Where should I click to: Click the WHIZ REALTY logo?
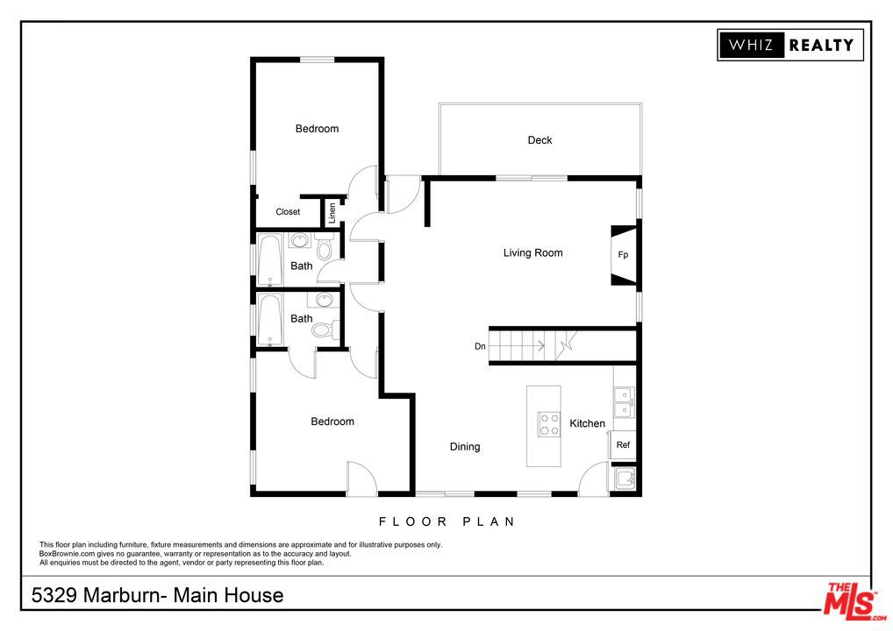(790, 45)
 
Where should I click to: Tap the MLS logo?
(850, 600)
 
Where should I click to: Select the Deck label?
(539, 140)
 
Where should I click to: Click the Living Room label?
(532, 253)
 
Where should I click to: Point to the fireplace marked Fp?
(623, 255)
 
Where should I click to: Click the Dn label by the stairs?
(480, 346)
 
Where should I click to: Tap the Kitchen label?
(587, 423)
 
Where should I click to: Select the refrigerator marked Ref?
(623, 445)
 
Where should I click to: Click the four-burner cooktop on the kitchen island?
(549, 424)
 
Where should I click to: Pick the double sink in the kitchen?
(624, 402)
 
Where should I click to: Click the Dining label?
(465, 447)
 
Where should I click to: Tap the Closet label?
(288, 212)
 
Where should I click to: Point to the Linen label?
(332, 211)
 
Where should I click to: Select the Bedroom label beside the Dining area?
(332, 422)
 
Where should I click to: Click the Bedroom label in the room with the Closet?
(317, 129)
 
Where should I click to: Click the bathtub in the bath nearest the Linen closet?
(269, 259)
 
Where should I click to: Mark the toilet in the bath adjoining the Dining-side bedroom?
(324, 330)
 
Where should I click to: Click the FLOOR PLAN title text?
(446, 521)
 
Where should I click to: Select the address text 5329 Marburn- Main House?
(158, 596)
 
